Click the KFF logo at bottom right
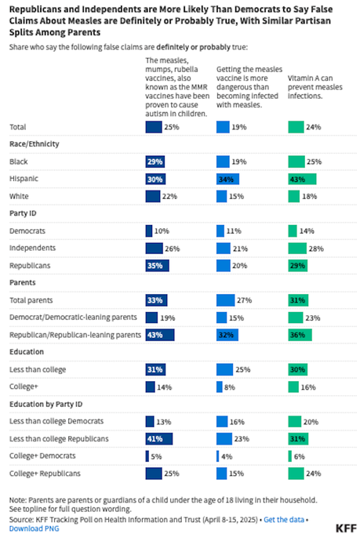click(x=338, y=527)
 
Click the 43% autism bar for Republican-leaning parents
click(x=160, y=334)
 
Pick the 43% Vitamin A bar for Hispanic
click(x=302, y=179)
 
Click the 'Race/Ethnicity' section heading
click(x=35, y=143)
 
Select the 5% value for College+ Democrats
click(x=157, y=456)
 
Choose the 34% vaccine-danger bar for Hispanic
click(x=227, y=179)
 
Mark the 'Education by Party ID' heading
click(x=48, y=403)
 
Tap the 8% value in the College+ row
click(x=231, y=387)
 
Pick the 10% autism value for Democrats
click(x=161, y=231)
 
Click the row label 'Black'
click(x=18, y=161)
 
